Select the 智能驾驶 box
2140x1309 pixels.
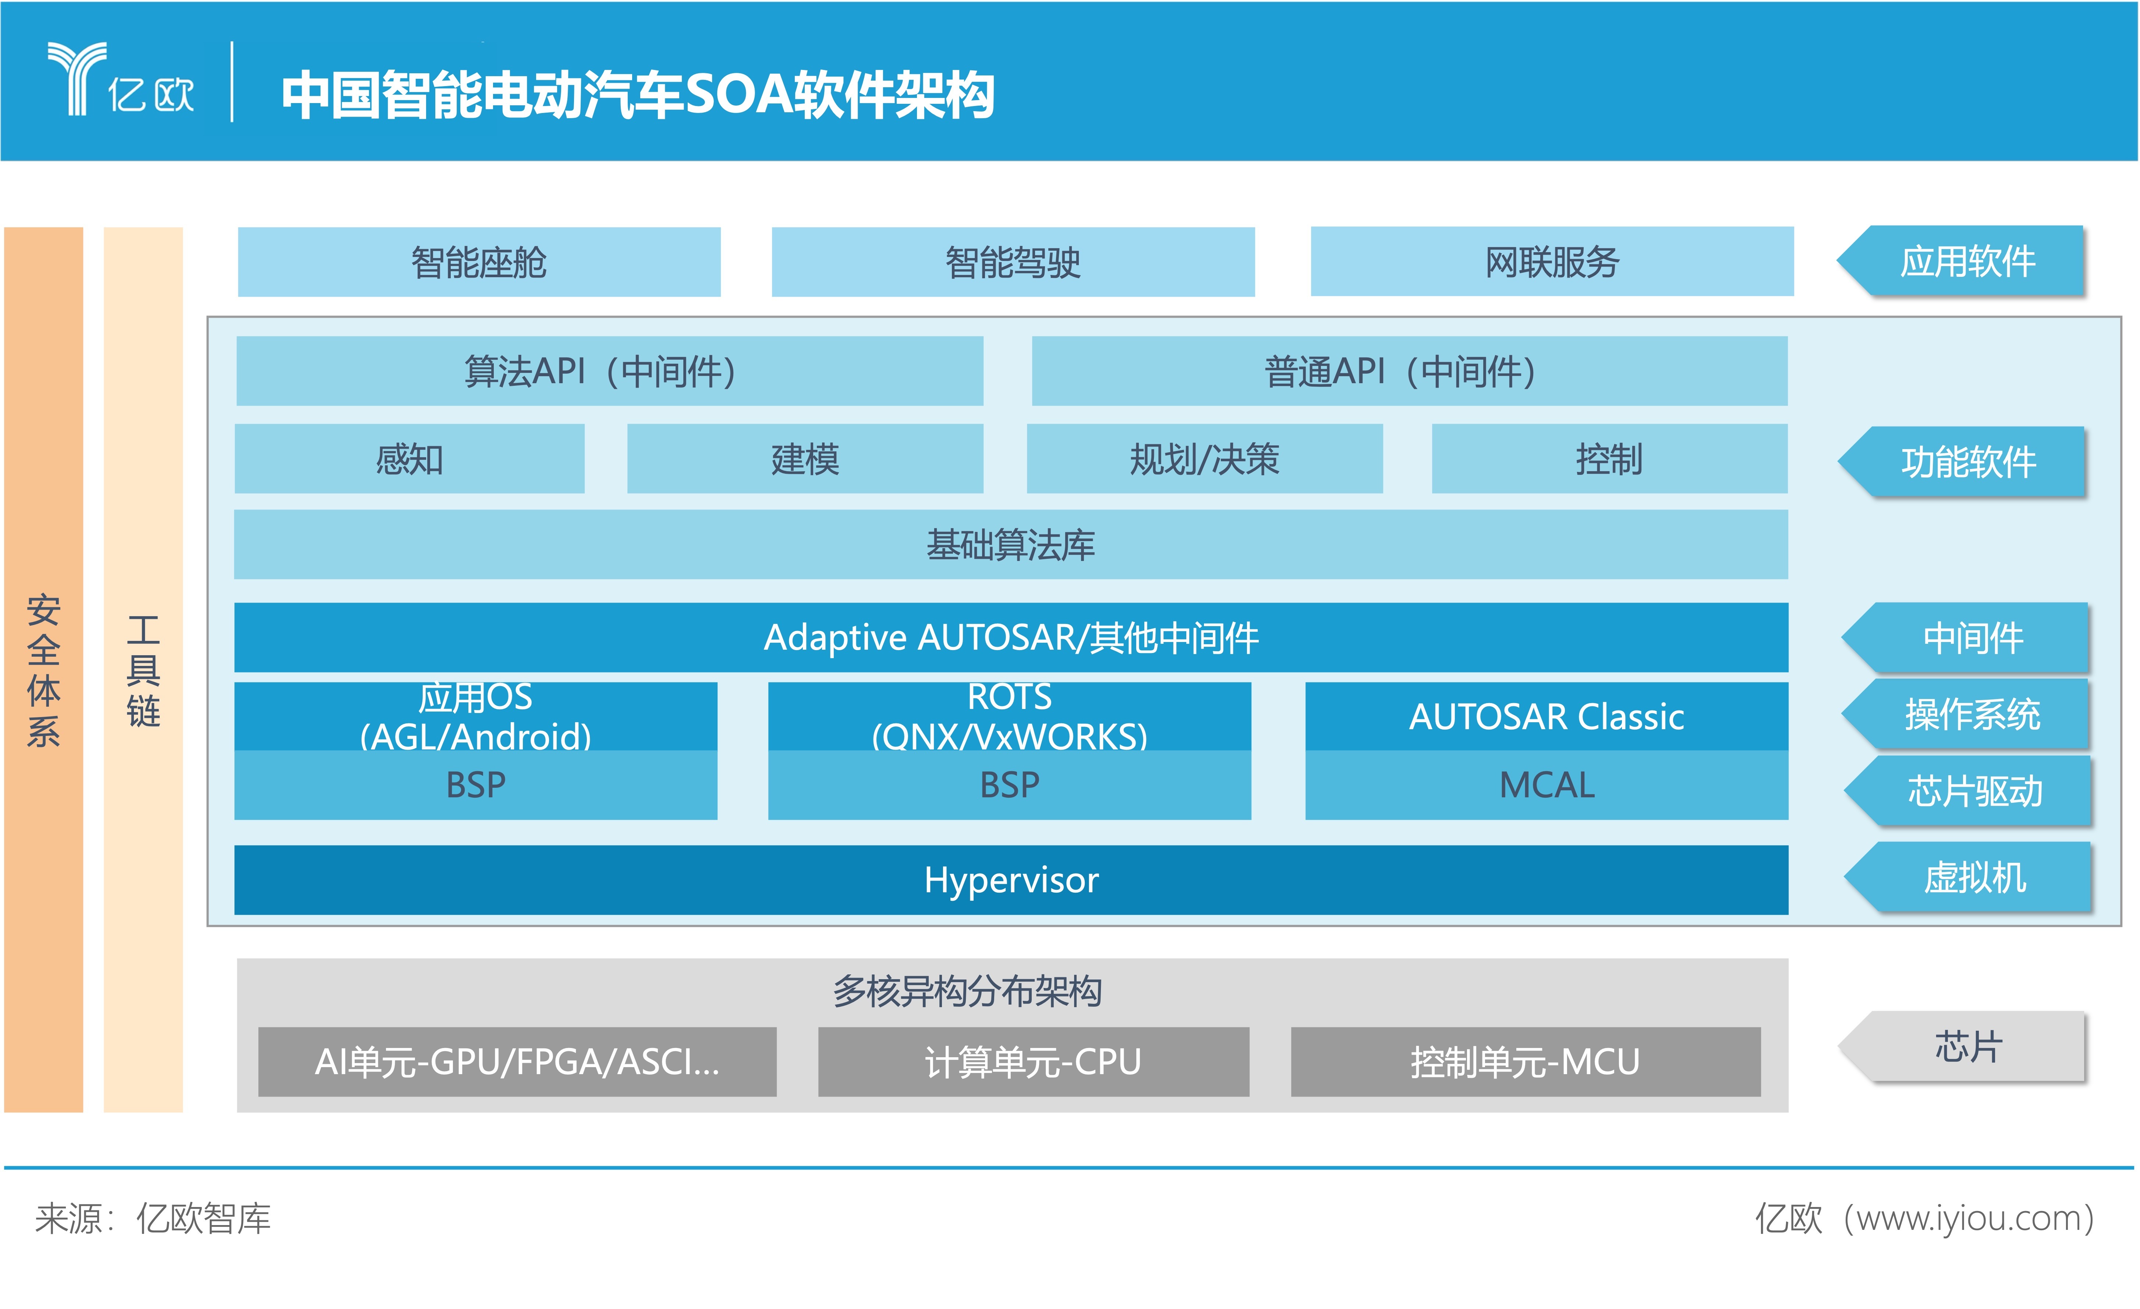click(1013, 261)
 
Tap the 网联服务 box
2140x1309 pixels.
click(1552, 261)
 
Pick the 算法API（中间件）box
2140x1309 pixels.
click(610, 371)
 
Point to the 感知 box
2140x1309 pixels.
click(409, 459)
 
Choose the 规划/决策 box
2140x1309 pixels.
click(1205, 459)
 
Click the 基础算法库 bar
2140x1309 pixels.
click(1011, 545)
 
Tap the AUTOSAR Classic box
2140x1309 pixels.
click(1547, 717)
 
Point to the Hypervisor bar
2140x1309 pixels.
click(1011, 880)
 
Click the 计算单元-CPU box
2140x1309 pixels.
click(1034, 1061)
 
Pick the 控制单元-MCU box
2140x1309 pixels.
click(1526, 1061)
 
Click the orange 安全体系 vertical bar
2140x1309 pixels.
click(43, 670)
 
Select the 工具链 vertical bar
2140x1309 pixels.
click(143, 670)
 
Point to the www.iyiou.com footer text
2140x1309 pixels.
click(1969, 1218)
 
